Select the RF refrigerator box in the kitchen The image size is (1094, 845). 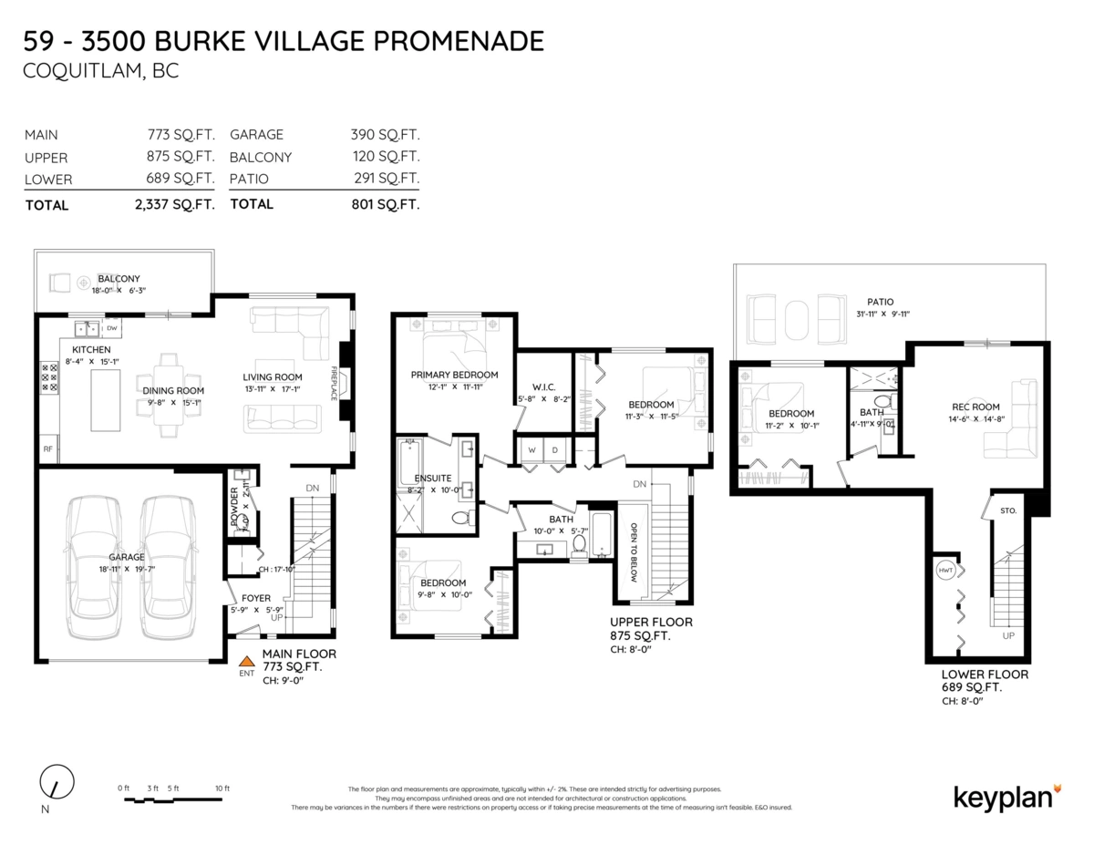(x=46, y=449)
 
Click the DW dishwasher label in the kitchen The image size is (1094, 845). (x=112, y=327)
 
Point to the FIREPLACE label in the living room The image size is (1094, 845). (x=335, y=384)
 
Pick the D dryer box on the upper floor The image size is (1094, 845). (x=555, y=450)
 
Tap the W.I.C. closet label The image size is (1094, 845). (x=531, y=385)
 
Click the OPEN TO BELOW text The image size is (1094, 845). (x=631, y=552)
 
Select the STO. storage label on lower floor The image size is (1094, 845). (x=1007, y=510)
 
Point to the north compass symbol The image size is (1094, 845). (x=57, y=781)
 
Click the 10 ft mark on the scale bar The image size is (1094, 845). (x=222, y=788)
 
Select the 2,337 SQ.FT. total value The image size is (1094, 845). (x=174, y=205)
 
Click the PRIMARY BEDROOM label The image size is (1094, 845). (x=454, y=375)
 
